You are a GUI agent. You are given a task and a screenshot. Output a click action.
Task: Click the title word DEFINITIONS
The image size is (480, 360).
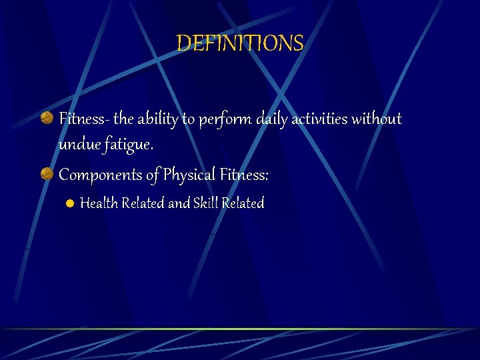tap(240, 44)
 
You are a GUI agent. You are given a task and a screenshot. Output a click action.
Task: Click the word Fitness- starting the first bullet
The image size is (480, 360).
tap(84, 119)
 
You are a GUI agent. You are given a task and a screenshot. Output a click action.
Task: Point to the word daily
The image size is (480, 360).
tap(271, 119)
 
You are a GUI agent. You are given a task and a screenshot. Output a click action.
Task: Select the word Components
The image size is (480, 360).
tap(100, 175)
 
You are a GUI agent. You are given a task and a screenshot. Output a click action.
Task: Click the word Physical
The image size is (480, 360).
tap(189, 175)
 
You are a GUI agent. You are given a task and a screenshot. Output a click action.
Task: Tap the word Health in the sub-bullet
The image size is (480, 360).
tap(97, 203)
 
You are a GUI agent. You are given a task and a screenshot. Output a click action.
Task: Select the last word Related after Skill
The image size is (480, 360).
tap(243, 203)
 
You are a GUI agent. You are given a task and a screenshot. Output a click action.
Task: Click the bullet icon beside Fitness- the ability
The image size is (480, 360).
tap(47, 119)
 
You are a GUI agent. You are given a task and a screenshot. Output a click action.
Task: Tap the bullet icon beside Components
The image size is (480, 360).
tap(47, 175)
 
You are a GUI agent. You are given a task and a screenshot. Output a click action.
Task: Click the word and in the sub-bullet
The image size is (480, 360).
tap(179, 203)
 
